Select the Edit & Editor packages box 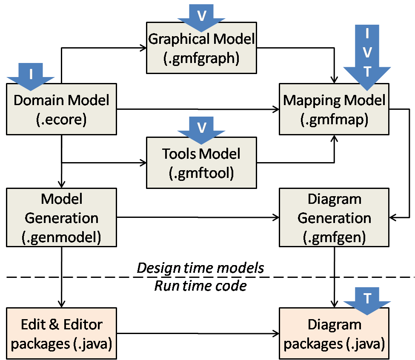(61, 334)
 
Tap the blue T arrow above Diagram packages (366, 300)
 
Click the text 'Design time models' (200, 268)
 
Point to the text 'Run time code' (200, 286)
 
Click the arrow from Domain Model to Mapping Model (196, 110)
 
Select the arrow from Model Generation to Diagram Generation (196, 218)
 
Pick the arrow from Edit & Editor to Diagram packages (196, 334)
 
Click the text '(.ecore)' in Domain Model (61, 120)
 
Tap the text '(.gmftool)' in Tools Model (201, 174)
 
